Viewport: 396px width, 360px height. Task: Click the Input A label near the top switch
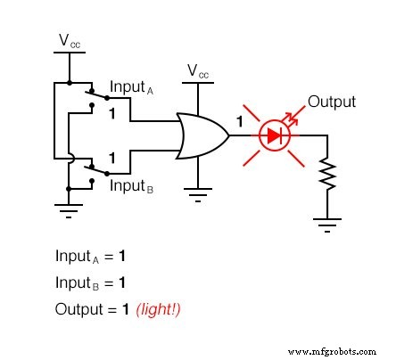(x=136, y=87)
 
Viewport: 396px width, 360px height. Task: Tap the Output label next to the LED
(x=332, y=101)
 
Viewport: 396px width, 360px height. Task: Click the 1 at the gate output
(x=238, y=120)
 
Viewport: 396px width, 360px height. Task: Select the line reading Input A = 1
(x=90, y=256)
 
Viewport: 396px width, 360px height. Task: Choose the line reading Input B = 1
(x=90, y=282)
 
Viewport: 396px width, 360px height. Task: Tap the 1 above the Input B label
(x=113, y=158)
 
